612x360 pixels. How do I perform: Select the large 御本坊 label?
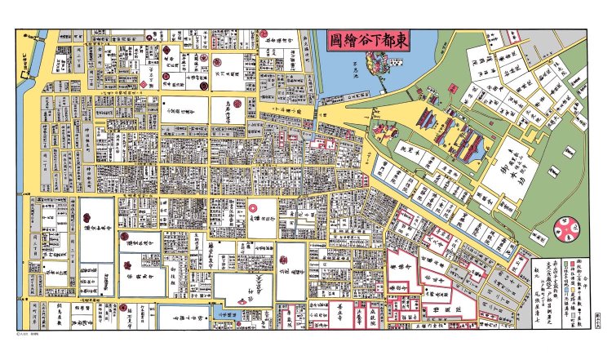511,171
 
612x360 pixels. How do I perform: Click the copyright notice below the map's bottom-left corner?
29,334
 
